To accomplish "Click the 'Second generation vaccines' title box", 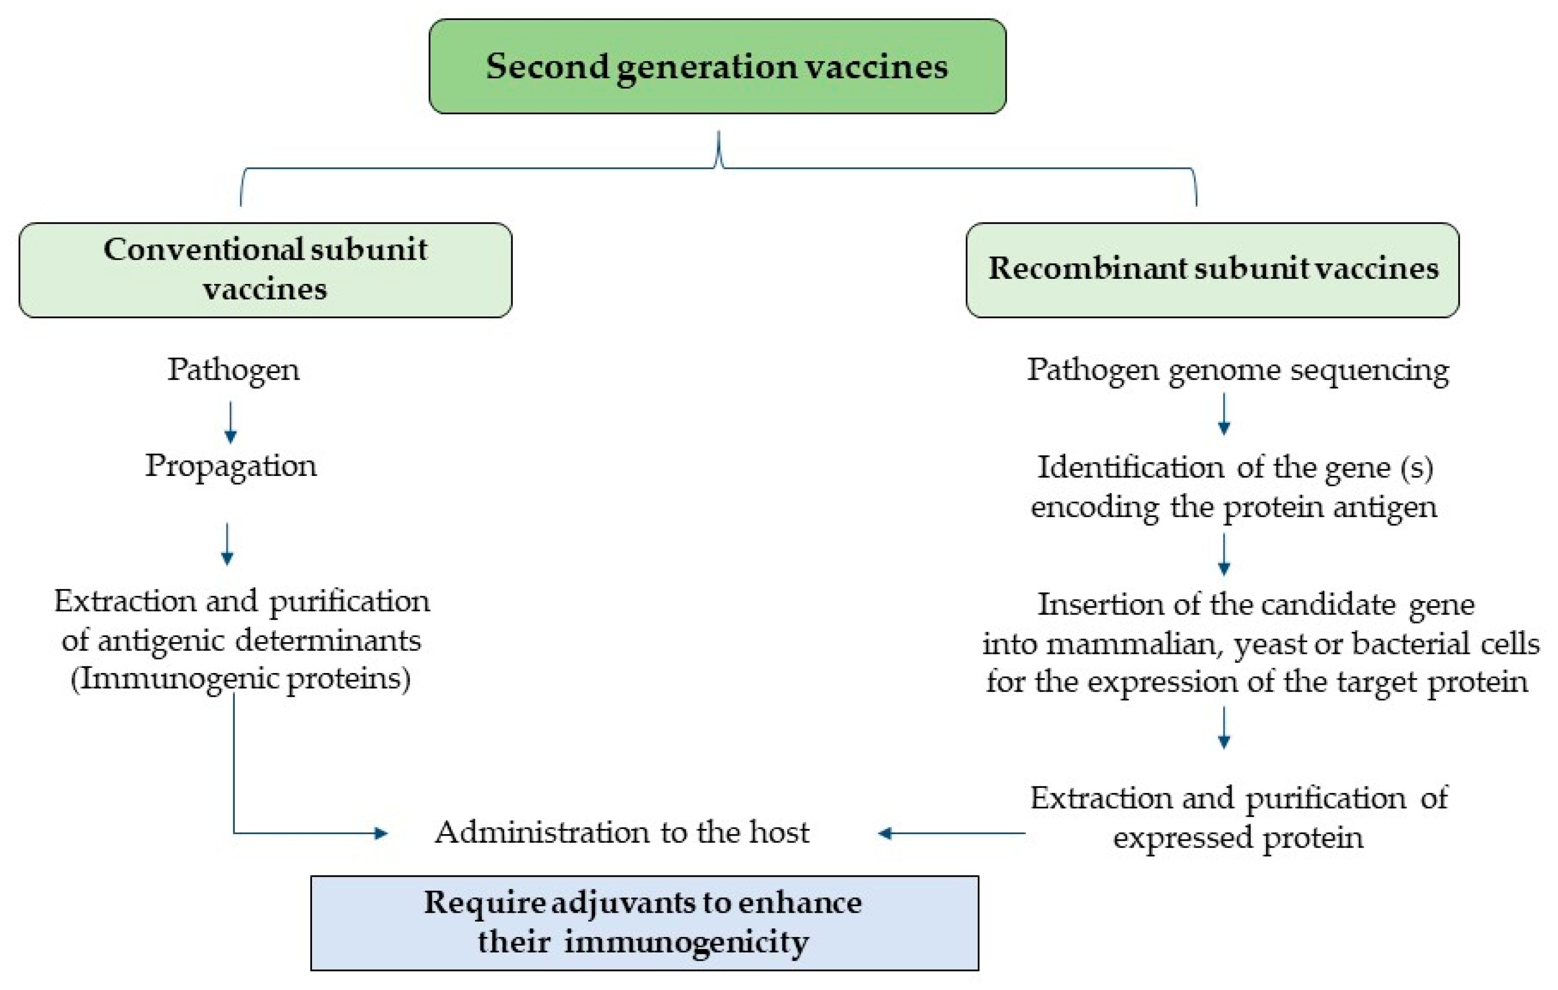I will coord(717,66).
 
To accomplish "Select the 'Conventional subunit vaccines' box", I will coord(265,270).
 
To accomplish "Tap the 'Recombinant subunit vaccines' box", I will coord(1212,270).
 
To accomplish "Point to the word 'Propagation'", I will coord(231,466).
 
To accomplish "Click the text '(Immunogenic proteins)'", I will coord(240,680).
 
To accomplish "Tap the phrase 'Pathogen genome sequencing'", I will coord(1237,370).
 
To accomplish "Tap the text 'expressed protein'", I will coord(1238,838).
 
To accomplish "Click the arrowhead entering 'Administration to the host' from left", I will coord(382,834).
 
